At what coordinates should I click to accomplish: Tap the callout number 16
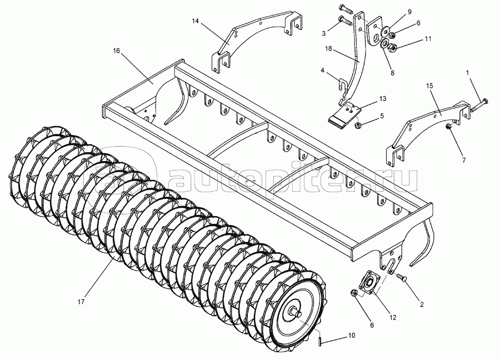pyautogui.click(x=117, y=51)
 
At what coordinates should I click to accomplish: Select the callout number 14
pyautogui.click(x=195, y=21)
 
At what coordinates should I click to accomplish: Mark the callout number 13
pyautogui.click(x=383, y=97)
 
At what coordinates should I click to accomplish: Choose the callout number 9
pyautogui.click(x=409, y=12)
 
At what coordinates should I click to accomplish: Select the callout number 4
pyautogui.click(x=322, y=71)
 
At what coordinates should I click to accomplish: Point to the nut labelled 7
pyautogui.click(x=448, y=129)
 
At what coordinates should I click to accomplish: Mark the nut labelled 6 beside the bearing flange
pyautogui.click(x=353, y=293)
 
